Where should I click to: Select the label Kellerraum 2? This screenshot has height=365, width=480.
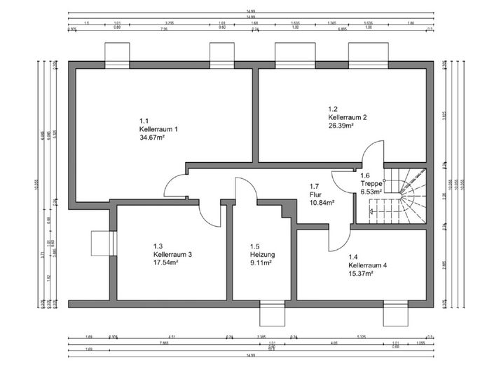[x=348, y=117]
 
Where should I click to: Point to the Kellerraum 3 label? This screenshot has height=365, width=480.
[x=172, y=255]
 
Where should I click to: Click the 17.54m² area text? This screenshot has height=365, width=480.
[x=165, y=263]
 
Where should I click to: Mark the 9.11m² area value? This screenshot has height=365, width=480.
[x=260, y=263]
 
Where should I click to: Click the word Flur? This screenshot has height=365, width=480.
[x=315, y=194]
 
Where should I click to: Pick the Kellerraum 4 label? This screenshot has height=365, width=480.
[x=368, y=266]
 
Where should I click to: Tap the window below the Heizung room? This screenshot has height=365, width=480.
[x=272, y=314]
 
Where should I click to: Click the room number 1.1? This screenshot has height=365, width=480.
[x=144, y=120]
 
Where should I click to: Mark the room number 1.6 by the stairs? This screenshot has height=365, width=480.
[x=364, y=175]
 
